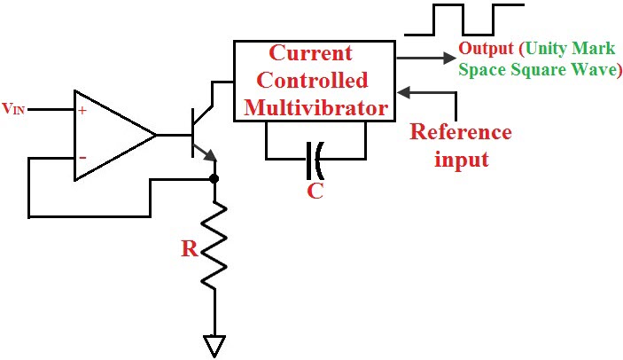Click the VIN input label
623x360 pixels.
pyautogui.click(x=12, y=109)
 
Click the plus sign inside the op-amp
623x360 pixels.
pyautogui.click(x=82, y=111)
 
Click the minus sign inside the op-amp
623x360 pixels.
pyautogui.click(x=82, y=158)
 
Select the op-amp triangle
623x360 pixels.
pyautogui.click(x=110, y=135)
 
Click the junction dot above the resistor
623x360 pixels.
pyautogui.click(x=214, y=178)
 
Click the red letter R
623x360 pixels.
pyautogui.click(x=189, y=249)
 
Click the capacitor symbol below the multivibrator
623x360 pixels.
pyautogui.click(x=315, y=160)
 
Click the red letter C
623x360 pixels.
pyautogui.click(x=315, y=190)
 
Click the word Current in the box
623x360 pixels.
pyautogui.click(x=310, y=52)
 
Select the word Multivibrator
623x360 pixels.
pyautogui.click(x=317, y=108)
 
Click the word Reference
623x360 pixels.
pyautogui.click(x=460, y=133)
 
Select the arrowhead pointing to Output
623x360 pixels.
pyautogui.click(x=447, y=58)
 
